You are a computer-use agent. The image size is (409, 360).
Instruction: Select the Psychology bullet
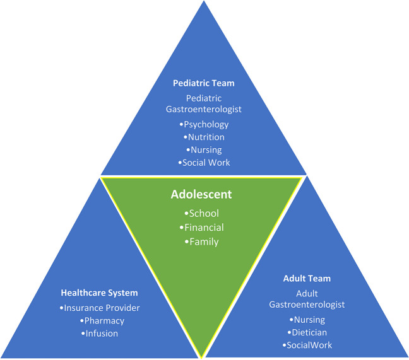click(x=206, y=124)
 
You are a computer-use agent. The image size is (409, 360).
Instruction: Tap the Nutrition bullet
click(x=204, y=137)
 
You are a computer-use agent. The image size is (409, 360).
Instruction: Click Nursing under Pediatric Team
click(x=204, y=149)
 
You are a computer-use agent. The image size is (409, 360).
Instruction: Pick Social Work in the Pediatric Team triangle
click(x=204, y=163)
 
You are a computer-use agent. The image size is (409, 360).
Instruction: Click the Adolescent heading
click(x=201, y=195)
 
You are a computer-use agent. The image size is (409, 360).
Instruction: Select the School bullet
click(x=201, y=213)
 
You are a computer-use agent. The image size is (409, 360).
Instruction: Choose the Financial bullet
click(x=201, y=227)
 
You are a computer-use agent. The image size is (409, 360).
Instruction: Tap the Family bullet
click(x=201, y=241)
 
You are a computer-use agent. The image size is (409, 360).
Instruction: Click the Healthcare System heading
click(x=99, y=293)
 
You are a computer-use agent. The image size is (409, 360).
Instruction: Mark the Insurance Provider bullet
click(x=99, y=308)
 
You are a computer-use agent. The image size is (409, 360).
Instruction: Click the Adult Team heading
click(x=307, y=278)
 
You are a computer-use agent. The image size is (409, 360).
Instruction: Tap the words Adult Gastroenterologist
click(x=307, y=299)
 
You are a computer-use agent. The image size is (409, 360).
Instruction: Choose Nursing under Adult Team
click(x=307, y=320)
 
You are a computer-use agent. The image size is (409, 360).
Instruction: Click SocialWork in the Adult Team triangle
click(x=307, y=345)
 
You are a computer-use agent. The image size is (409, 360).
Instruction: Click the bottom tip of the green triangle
click(x=202, y=355)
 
